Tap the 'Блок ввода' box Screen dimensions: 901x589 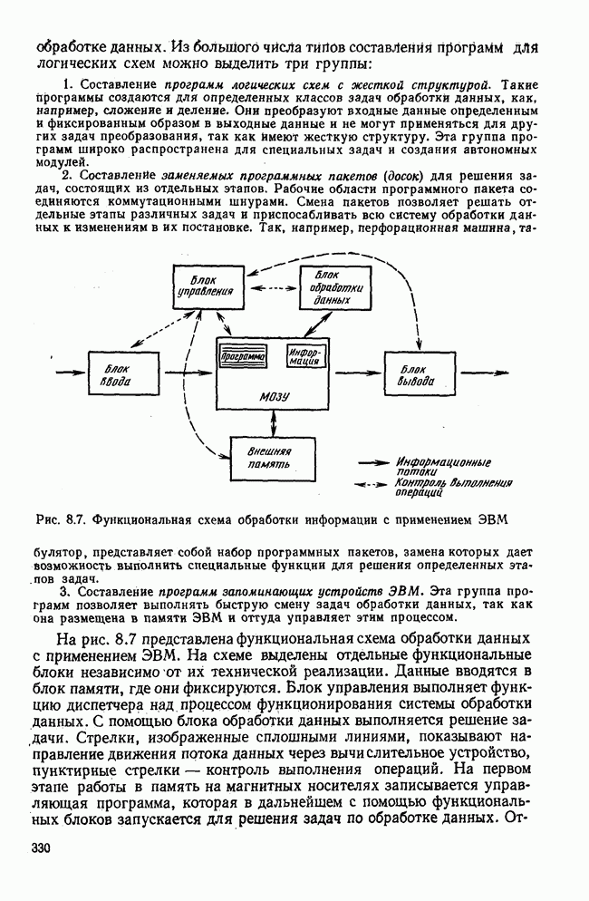117,373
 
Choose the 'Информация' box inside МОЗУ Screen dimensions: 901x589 304,356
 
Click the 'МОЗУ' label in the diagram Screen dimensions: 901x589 274,397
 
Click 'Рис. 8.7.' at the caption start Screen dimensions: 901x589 59,520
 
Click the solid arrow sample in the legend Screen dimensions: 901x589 372,461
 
